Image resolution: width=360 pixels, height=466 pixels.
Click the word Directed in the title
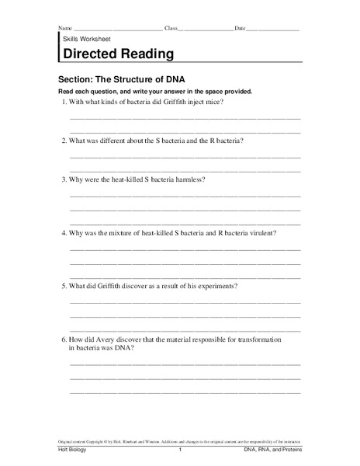(89, 54)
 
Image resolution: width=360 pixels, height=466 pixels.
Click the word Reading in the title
(145, 54)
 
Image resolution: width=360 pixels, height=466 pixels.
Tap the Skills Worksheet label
(84, 38)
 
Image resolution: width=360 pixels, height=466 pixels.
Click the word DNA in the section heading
(179, 78)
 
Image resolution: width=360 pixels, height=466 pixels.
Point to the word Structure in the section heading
(136, 78)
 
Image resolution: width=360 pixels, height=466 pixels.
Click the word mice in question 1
(213, 103)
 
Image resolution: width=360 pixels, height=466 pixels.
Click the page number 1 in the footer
(180, 452)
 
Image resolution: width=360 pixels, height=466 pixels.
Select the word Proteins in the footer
(287, 452)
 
